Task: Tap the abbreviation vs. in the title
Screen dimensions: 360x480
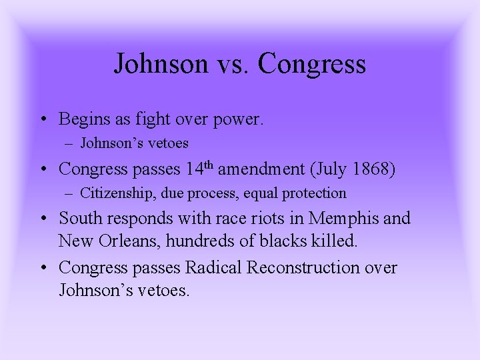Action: coord(230,64)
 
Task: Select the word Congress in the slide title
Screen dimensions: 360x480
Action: coord(312,64)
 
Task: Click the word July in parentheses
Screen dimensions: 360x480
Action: coord(327,169)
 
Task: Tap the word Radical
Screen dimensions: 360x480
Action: coord(214,268)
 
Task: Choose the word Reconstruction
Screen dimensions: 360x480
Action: coord(313,268)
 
